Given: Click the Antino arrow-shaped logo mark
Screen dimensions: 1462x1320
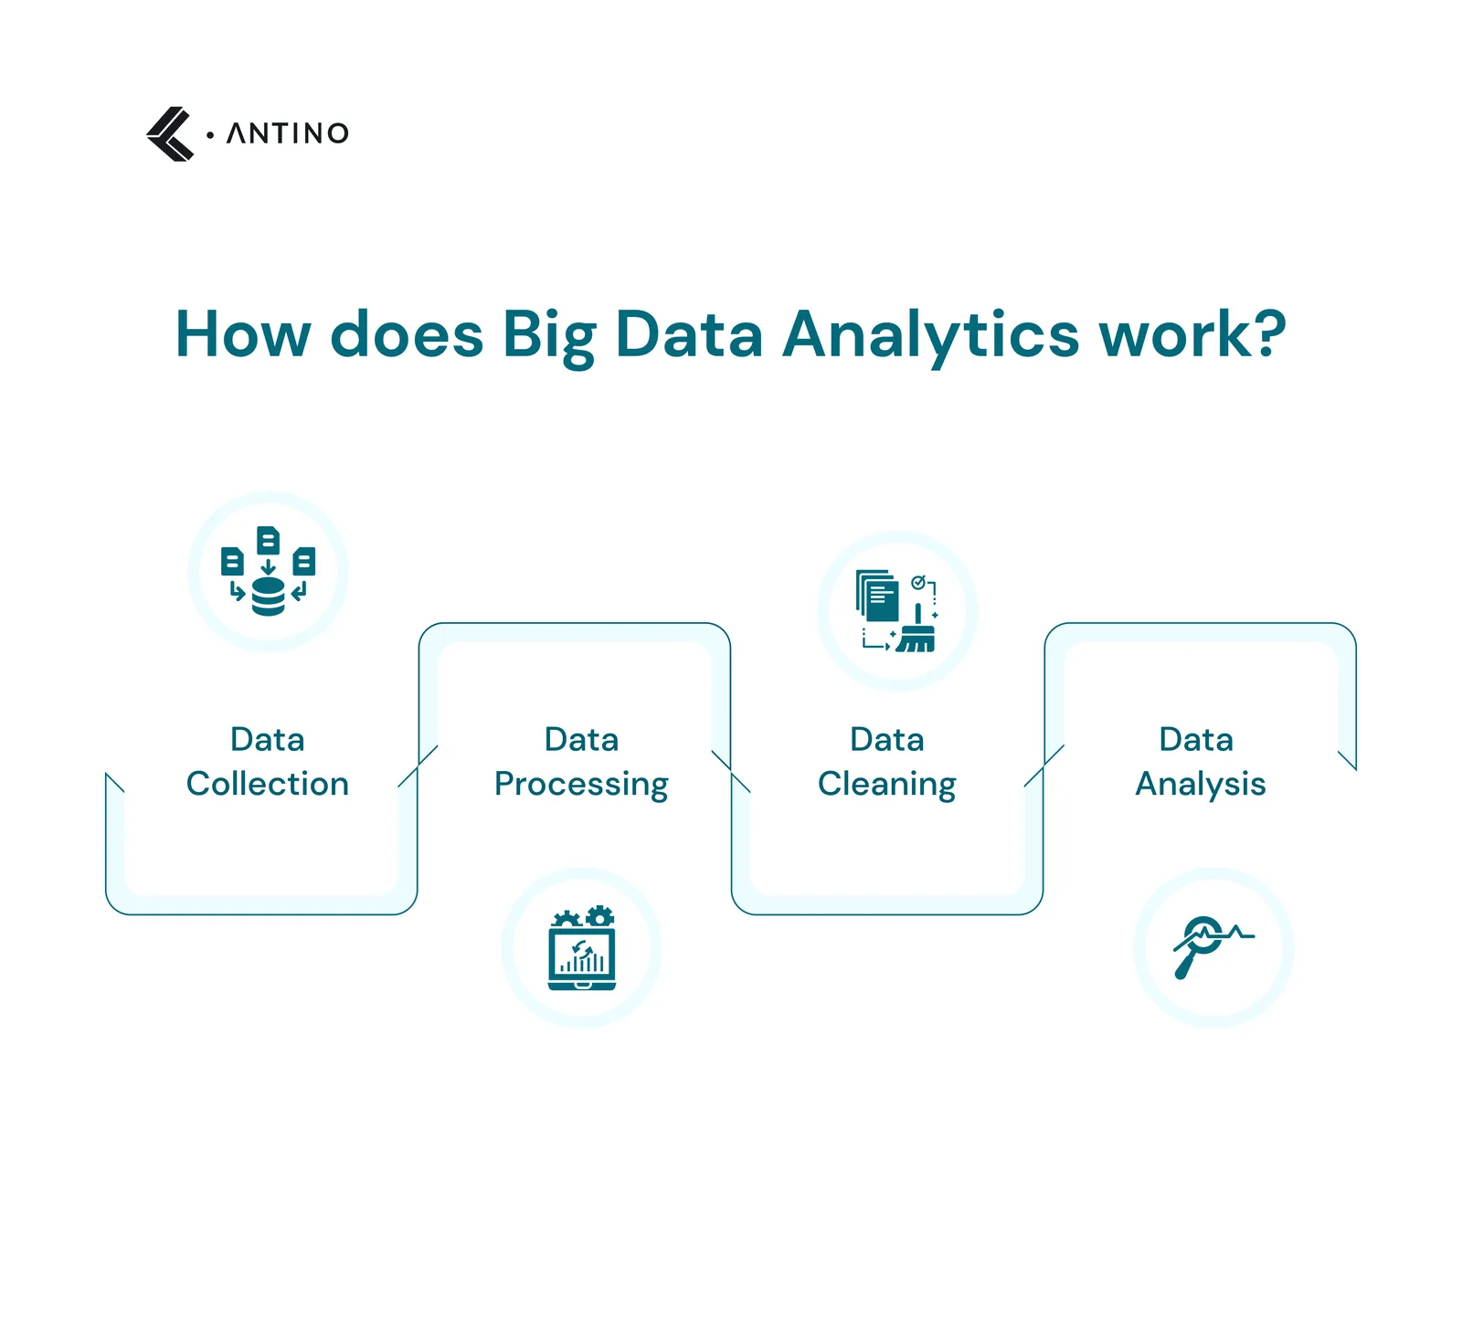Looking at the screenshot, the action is click(170, 134).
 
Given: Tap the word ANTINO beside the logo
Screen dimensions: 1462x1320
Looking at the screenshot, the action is click(288, 133).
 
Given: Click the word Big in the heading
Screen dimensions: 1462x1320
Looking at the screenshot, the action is click(548, 336).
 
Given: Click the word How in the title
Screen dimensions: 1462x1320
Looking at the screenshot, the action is click(243, 334).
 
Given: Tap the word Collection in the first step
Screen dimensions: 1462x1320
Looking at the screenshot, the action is click(268, 784).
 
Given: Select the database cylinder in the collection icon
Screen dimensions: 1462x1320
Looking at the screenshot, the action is click(268, 597).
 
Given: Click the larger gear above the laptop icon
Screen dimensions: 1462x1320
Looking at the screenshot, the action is click(599, 916).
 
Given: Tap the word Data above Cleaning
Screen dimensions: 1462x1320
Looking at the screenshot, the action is click(887, 740).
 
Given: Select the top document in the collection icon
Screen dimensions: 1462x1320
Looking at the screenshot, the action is click(268, 540).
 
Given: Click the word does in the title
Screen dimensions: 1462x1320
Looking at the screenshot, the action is click(407, 334).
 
